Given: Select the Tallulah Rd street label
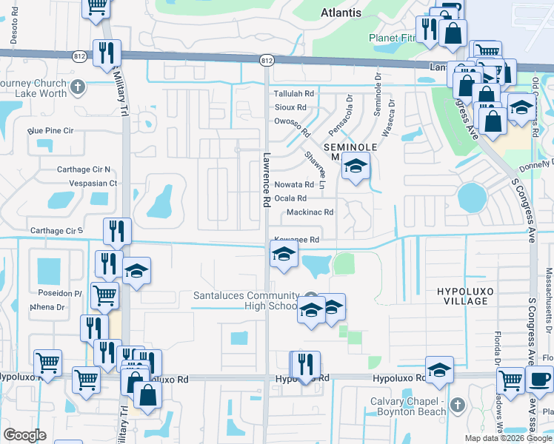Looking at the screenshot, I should coord(294,94).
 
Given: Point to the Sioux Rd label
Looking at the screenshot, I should coord(290,107).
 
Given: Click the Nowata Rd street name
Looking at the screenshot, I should coord(293,184).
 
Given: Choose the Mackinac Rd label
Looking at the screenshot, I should coord(310,212).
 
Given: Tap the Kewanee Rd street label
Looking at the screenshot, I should coord(296,240).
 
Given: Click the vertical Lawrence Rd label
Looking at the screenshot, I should coord(266,180).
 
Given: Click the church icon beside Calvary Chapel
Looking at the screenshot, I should coord(457,405).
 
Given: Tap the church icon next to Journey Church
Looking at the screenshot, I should coord(78,89).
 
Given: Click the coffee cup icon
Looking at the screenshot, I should coord(538,380).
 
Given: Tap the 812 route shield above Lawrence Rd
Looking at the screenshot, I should coord(266,58).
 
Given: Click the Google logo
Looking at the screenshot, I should coord(24,434).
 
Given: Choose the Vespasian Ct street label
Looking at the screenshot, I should coord(93,183).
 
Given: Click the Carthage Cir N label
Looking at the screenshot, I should coord(84,169).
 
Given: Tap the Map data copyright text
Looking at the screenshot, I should coord(507,438).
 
